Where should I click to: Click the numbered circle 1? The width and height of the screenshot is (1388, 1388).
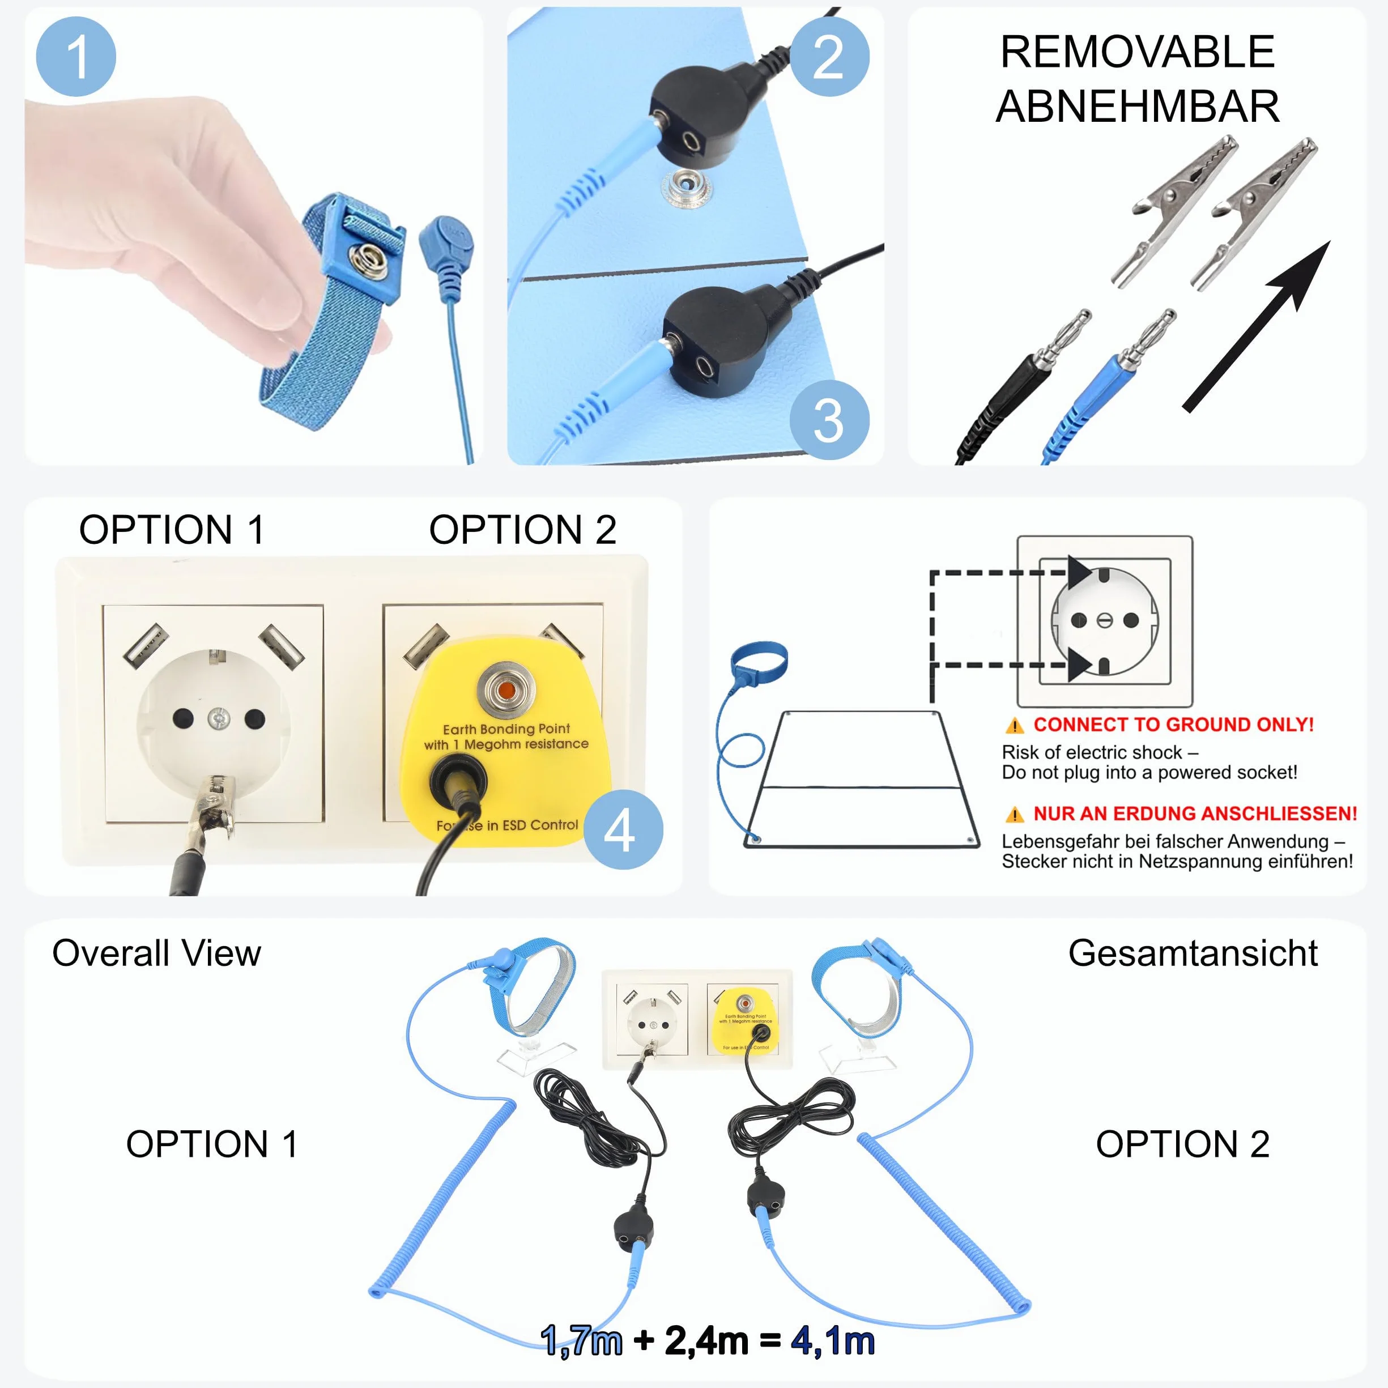click(x=75, y=57)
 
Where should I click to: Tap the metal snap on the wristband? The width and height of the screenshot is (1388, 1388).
click(x=370, y=260)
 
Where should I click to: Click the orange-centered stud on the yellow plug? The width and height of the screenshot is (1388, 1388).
click(x=506, y=691)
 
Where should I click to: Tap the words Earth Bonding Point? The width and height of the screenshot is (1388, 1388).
click(x=506, y=729)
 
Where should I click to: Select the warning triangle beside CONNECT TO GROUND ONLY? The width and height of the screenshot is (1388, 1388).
click(x=1015, y=726)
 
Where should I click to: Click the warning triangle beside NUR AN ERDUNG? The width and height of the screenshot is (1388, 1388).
click(x=1015, y=815)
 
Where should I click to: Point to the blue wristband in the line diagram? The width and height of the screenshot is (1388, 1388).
click(x=759, y=659)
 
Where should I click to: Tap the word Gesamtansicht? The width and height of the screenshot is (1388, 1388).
click(x=1193, y=953)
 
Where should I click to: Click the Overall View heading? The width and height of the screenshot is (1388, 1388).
click(x=156, y=953)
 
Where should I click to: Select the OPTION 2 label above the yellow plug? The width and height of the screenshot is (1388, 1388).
click(x=522, y=530)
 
